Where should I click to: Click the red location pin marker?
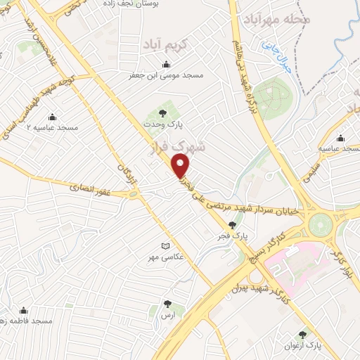tap(181, 166)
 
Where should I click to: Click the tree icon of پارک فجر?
tap(233, 225)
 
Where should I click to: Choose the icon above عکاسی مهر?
tap(166, 245)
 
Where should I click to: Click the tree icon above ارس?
tap(167, 304)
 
